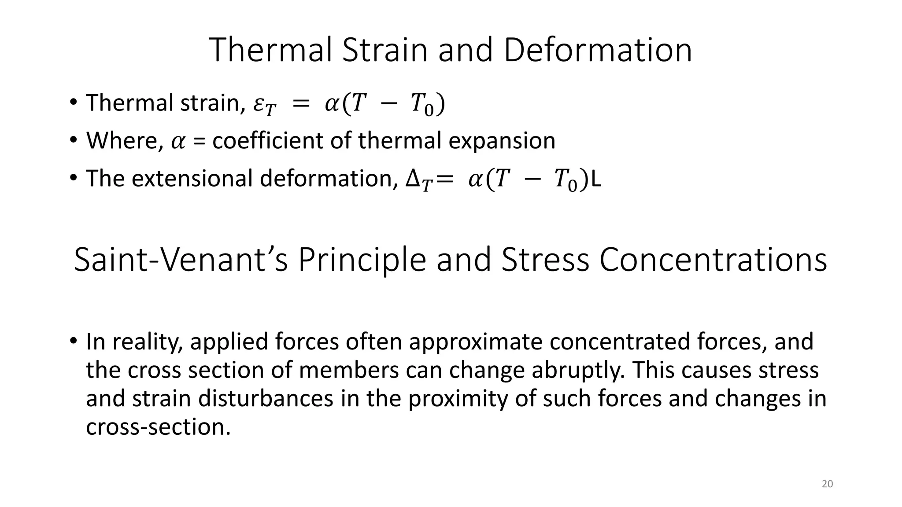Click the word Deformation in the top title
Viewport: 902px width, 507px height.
pyautogui.click(x=598, y=50)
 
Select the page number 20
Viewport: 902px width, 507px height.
pyautogui.click(x=828, y=484)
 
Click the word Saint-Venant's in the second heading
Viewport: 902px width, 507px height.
pyautogui.click(x=181, y=260)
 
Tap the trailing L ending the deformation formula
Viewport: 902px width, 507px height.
pyautogui.click(x=595, y=179)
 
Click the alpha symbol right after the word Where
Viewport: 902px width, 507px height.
pyautogui.click(x=178, y=142)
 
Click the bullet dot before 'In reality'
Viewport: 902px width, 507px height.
pyautogui.click(x=73, y=341)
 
